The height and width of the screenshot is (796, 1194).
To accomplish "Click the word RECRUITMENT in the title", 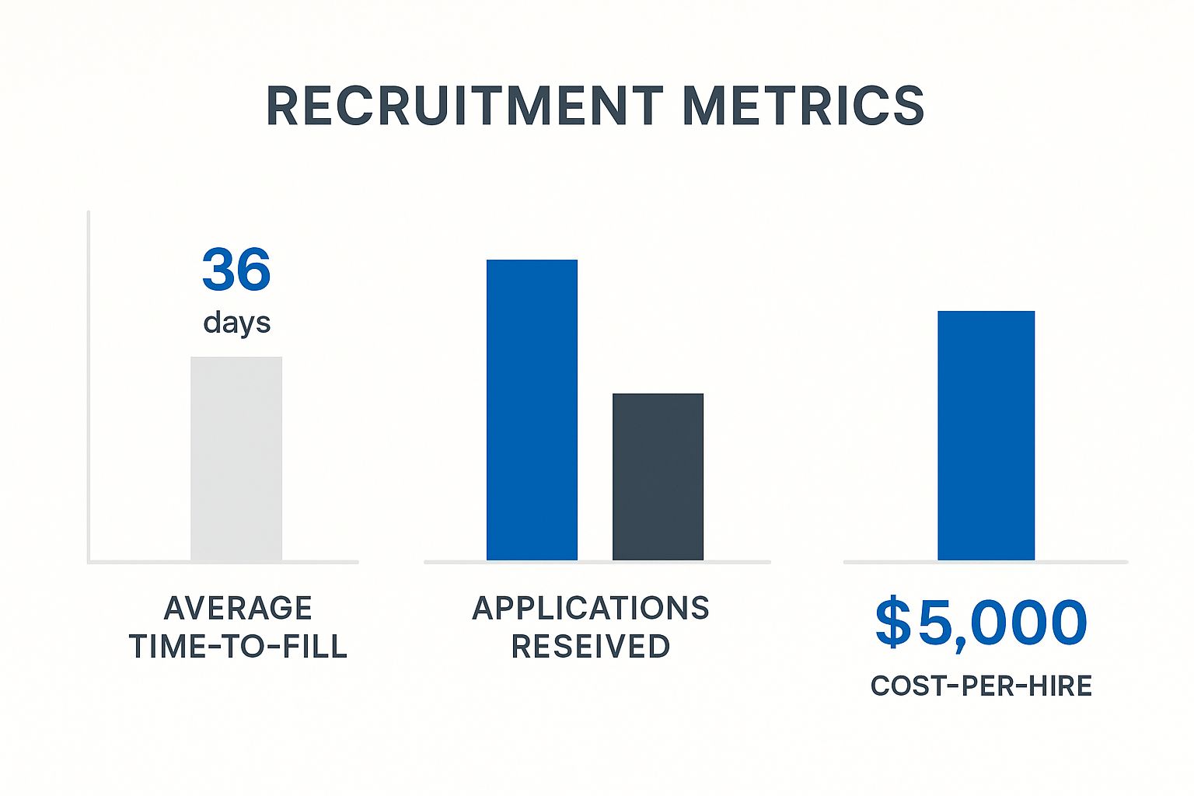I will click(464, 106).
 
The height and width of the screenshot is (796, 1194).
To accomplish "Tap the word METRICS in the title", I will click(803, 106).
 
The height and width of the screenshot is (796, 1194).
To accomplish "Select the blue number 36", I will click(236, 270).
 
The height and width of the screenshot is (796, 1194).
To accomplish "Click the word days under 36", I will click(236, 322).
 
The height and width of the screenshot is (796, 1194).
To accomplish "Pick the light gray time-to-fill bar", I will click(236, 459).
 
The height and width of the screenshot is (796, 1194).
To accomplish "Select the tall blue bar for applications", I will click(532, 410).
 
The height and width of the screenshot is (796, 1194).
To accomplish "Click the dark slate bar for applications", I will click(658, 477).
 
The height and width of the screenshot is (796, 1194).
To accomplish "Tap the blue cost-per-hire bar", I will click(986, 435).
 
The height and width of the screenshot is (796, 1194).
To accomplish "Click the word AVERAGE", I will click(238, 608).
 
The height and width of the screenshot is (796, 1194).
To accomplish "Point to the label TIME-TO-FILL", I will click(238, 647).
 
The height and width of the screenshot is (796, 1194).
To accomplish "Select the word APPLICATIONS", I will click(591, 608).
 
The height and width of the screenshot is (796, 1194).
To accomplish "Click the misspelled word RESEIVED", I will click(591, 647).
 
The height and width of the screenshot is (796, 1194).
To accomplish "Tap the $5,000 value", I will click(981, 623).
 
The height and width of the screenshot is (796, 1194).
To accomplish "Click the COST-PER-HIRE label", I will click(981, 686).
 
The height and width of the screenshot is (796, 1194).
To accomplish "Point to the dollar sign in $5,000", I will click(892, 622).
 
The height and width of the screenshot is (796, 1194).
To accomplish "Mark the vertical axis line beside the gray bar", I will click(89, 389).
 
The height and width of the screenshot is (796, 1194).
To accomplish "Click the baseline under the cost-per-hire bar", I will click(986, 561).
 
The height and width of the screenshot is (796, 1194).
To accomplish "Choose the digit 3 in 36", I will click(218, 270).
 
